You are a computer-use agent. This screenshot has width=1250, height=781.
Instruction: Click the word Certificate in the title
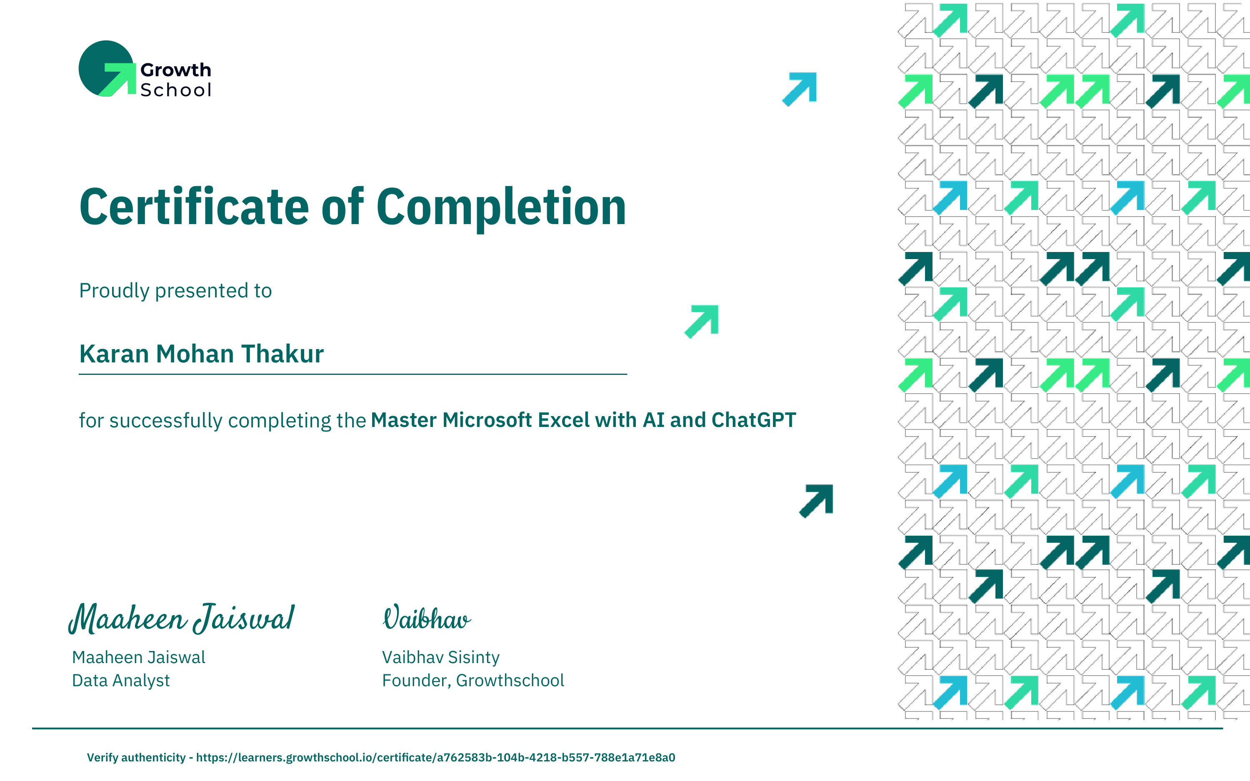pos(194,207)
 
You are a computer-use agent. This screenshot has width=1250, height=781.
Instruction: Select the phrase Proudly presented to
pos(175,291)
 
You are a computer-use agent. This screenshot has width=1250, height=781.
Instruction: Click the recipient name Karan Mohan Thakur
pos(201,354)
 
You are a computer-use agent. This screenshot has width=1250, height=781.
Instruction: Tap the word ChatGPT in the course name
pos(754,420)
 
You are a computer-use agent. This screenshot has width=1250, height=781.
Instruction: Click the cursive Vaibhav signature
pos(427,617)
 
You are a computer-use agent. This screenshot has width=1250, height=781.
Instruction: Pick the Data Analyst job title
pos(121,681)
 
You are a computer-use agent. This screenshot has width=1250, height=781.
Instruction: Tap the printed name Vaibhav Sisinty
pos(440,658)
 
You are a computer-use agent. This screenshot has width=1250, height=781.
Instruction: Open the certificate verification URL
pos(435,758)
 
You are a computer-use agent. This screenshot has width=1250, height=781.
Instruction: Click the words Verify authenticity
pos(136,758)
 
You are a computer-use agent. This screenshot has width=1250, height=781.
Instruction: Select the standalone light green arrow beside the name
pos(701,321)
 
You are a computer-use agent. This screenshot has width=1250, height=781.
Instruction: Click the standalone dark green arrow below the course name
pos(816,501)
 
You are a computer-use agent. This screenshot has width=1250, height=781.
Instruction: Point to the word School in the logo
pos(175,90)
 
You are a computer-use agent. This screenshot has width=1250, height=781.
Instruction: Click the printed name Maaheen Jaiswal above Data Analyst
pos(138,658)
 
